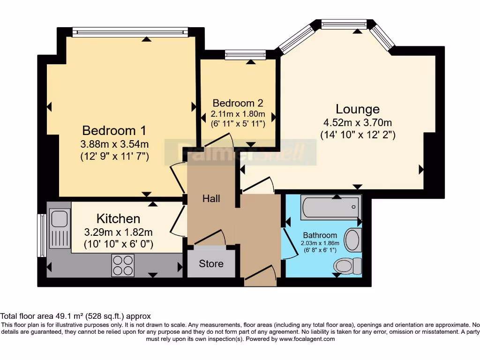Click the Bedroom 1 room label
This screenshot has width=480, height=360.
click(114, 130)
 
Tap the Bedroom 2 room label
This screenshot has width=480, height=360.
click(238, 103)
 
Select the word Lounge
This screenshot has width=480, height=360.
click(358, 109)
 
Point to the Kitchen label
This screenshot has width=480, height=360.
click(118, 218)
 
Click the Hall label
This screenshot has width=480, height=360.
click(211, 199)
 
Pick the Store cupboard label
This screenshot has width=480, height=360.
click(211, 263)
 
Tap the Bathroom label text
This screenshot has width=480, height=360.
click(320, 235)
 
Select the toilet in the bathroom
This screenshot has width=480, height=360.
click(348, 266)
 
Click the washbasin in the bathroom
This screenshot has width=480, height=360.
click(352, 240)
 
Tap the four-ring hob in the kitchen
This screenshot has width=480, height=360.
click(123, 265)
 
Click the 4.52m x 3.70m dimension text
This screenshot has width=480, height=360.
click(358, 123)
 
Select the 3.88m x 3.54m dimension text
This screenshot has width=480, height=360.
click(114, 144)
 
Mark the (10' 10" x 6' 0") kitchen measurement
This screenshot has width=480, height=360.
click(118, 244)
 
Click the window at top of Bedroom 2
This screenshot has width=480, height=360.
click(245, 55)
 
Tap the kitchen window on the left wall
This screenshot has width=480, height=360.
click(42, 235)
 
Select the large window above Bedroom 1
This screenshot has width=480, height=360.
click(130, 31)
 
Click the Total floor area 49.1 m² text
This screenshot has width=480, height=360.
click(75, 316)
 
